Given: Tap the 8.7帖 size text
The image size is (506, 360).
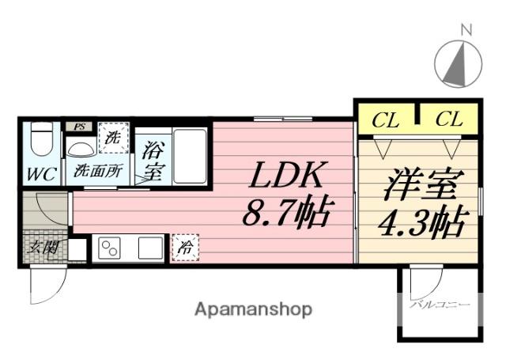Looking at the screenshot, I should pyautogui.click(x=285, y=211).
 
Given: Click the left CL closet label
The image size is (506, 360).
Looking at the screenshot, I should pyautogui.click(x=385, y=120).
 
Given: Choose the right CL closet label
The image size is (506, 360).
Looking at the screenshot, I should pyautogui.click(x=448, y=120).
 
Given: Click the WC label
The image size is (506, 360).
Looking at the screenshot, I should pyautogui.click(x=40, y=173).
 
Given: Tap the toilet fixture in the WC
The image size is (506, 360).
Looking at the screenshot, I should pyautogui.click(x=41, y=142).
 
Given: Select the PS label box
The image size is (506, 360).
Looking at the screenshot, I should pyautogui.click(x=78, y=127).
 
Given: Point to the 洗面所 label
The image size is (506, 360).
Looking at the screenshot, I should pyautogui.click(x=97, y=169).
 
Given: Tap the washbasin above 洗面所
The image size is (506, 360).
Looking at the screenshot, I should pyautogui.click(x=81, y=149).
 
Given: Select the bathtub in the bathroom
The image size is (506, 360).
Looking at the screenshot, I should pyautogui.click(x=189, y=154).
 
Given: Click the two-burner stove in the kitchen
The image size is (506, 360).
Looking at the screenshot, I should pyautogui.click(x=109, y=248).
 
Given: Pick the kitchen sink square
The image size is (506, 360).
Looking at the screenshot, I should pyautogui.click(x=149, y=248).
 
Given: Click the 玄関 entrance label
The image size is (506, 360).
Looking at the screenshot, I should pyautogui.click(x=43, y=248).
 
